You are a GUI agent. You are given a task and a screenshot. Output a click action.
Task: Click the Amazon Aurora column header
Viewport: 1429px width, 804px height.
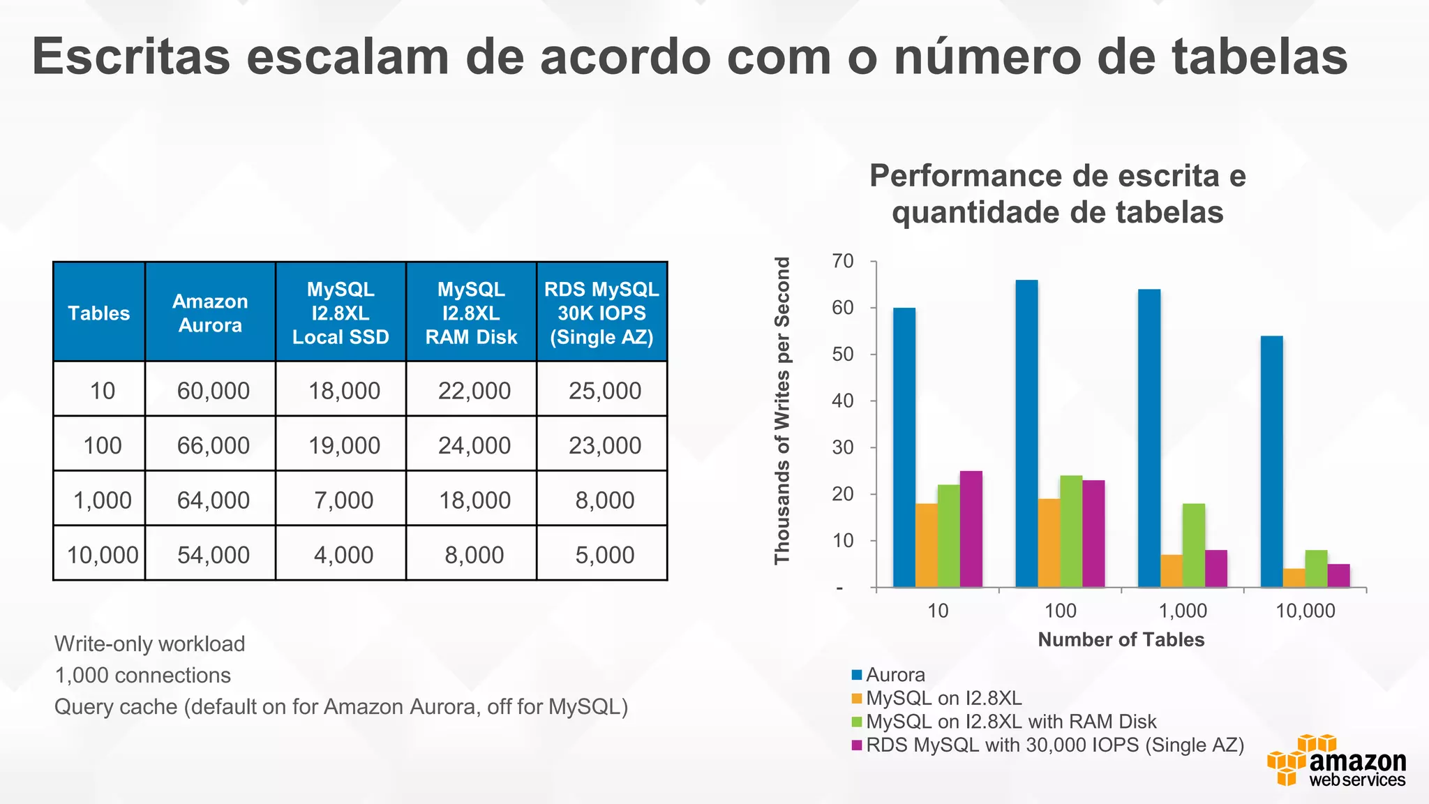click(210, 313)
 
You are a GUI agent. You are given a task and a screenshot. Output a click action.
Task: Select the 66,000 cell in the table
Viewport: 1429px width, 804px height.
click(213, 445)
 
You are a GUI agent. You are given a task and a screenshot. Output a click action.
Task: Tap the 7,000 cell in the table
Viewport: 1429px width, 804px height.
click(343, 500)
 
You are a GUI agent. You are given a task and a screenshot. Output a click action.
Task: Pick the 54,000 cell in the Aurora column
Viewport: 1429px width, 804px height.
click(213, 555)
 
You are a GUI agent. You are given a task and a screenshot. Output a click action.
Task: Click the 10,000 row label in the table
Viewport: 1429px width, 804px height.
click(102, 555)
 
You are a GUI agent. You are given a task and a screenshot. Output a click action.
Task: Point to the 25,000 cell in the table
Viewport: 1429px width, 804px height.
click(604, 391)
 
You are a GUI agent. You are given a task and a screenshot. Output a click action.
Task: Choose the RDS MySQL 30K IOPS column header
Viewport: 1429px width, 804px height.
click(601, 313)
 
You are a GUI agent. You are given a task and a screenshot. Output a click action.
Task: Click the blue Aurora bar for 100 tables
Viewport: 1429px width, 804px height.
click(1026, 433)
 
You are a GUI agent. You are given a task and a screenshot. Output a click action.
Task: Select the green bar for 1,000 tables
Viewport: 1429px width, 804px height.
click(1194, 545)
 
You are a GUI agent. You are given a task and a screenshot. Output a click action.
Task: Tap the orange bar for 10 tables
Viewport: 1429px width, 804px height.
click(927, 545)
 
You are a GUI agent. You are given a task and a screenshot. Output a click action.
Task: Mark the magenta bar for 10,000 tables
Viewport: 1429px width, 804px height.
click(1338, 575)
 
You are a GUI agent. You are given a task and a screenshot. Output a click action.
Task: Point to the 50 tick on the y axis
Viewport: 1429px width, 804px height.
click(843, 355)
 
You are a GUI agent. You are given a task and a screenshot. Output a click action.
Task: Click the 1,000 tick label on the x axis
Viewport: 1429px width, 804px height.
click(1183, 611)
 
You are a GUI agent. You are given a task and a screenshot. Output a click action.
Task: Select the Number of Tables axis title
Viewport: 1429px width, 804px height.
click(1121, 639)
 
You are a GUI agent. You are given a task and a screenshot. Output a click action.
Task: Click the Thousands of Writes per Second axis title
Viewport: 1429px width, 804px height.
click(783, 410)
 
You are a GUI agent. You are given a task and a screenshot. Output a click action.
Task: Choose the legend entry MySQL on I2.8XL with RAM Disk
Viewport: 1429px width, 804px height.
click(1011, 721)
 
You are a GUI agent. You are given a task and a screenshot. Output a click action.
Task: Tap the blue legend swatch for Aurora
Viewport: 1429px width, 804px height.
click(857, 675)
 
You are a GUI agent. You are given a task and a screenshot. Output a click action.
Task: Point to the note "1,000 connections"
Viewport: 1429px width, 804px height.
click(143, 675)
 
